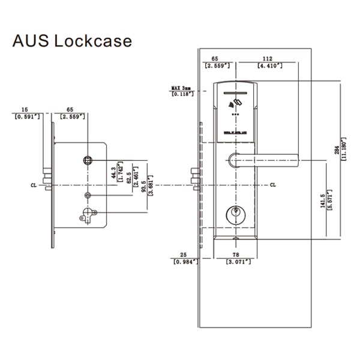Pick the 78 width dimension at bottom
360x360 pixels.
coord(235,255)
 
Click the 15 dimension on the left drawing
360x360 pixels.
coord(24,110)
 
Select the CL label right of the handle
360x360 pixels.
coord(273,184)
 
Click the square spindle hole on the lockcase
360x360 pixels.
coord(87,160)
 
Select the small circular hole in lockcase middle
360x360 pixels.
coord(88,196)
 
